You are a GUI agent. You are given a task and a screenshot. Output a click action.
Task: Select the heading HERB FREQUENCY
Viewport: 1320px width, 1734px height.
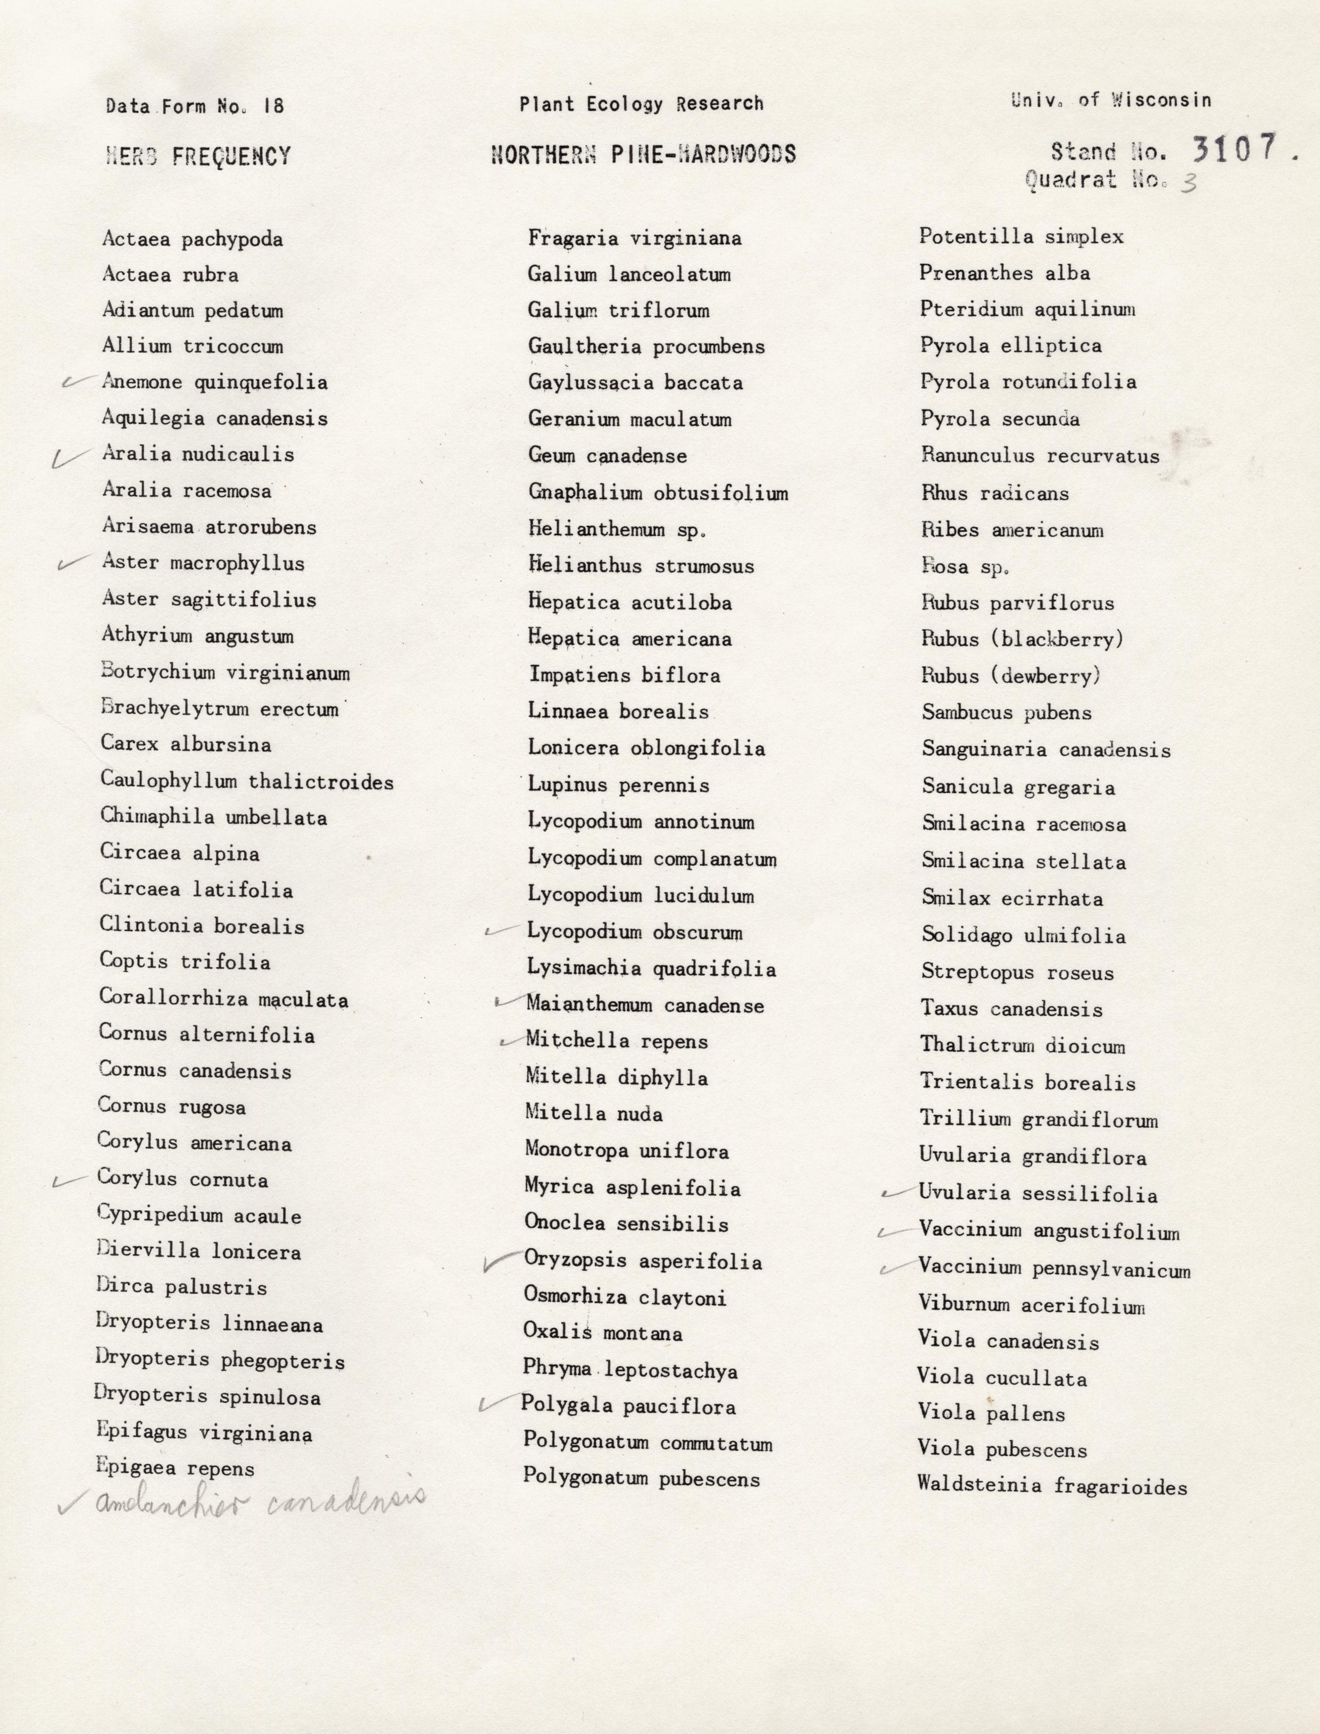point(198,156)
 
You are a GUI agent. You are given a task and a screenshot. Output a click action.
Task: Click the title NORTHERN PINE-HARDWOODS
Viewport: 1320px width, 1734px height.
point(643,153)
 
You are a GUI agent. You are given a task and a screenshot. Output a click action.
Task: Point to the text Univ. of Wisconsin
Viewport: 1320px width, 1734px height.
point(1111,100)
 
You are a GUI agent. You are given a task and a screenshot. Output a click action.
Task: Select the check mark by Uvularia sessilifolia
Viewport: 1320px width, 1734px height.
point(896,1193)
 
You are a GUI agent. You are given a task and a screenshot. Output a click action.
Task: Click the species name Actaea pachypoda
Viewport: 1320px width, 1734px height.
point(193,239)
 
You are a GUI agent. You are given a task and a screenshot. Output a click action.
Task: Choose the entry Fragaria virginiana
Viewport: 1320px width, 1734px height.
point(634,238)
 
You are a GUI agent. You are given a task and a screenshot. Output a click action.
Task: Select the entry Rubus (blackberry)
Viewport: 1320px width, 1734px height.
point(1022,639)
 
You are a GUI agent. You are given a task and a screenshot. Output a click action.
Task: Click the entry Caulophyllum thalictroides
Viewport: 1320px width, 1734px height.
point(247,782)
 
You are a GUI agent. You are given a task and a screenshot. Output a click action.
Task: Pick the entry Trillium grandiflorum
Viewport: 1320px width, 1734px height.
point(1039,1120)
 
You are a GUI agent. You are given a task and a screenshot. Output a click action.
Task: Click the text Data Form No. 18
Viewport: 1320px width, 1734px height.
point(195,106)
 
